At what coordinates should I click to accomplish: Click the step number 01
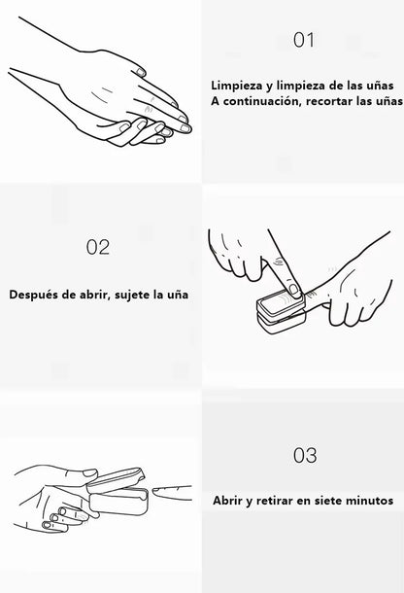click(x=304, y=40)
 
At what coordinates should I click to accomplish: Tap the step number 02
click(x=98, y=247)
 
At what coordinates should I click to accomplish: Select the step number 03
click(x=305, y=455)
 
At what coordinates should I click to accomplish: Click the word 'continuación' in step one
click(x=261, y=101)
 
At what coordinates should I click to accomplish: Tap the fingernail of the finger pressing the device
click(x=293, y=290)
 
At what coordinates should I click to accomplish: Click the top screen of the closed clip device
click(x=281, y=301)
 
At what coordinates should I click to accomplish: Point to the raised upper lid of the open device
click(x=116, y=480)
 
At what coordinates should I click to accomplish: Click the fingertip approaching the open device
click(x=158, y=491)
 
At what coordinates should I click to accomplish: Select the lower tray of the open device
click(x=118, y=502)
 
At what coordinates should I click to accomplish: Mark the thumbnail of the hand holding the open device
click(x=90, y=472)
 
